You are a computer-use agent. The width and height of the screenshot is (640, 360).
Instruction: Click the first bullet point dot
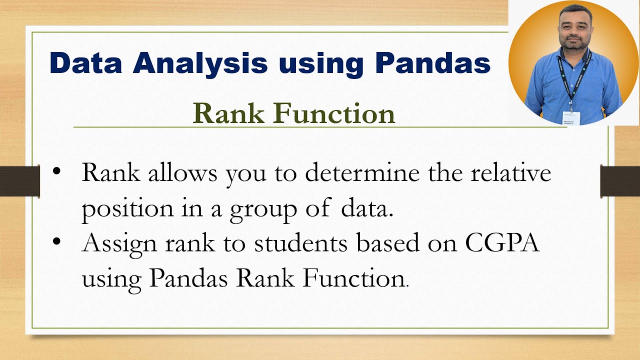(55, 171)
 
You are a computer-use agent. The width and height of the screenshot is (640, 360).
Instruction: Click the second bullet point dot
(55, 241)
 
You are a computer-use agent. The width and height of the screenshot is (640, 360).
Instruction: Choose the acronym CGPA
(502, 244)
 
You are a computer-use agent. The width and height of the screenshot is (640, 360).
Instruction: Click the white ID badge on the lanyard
(571, 117)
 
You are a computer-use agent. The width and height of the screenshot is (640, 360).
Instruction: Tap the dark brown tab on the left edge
(19, 181)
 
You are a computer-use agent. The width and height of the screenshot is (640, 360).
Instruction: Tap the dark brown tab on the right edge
(620, 180)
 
